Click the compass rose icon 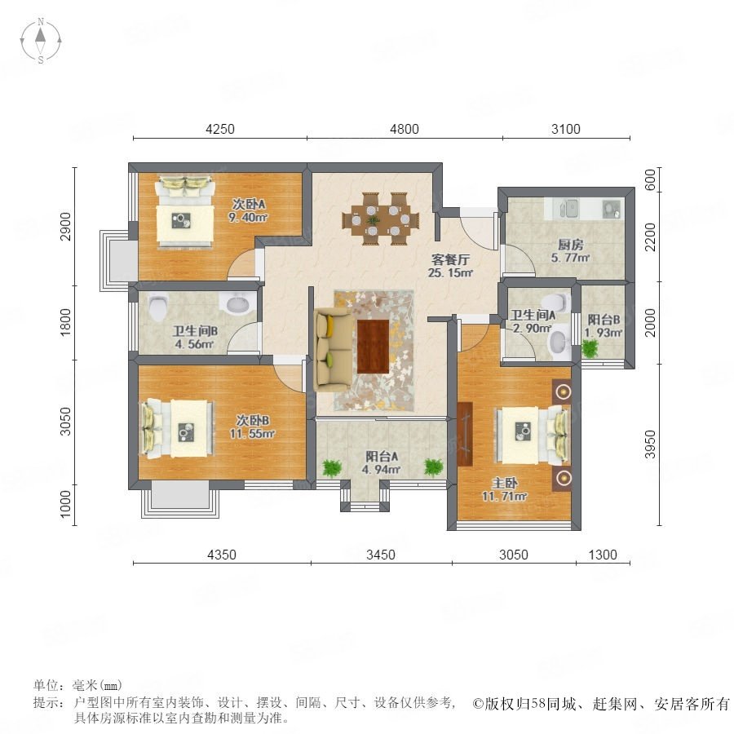(41, 41)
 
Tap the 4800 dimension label (405, 129)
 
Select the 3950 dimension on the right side (650, 444)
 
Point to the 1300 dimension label (603, 555)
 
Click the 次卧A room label (249, 204)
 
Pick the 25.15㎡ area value (450, 272)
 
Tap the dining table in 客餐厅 (381, 219)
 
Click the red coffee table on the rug (373, 346)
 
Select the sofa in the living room (333, 349)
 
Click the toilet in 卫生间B (157, 307)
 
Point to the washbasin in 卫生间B (239, 303)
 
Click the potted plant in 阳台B (590, 348)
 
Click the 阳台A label (382, 457)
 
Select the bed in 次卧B (178, 428)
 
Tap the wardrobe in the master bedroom (465, 434)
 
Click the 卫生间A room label (533, 315)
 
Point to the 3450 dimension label (381, 555)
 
